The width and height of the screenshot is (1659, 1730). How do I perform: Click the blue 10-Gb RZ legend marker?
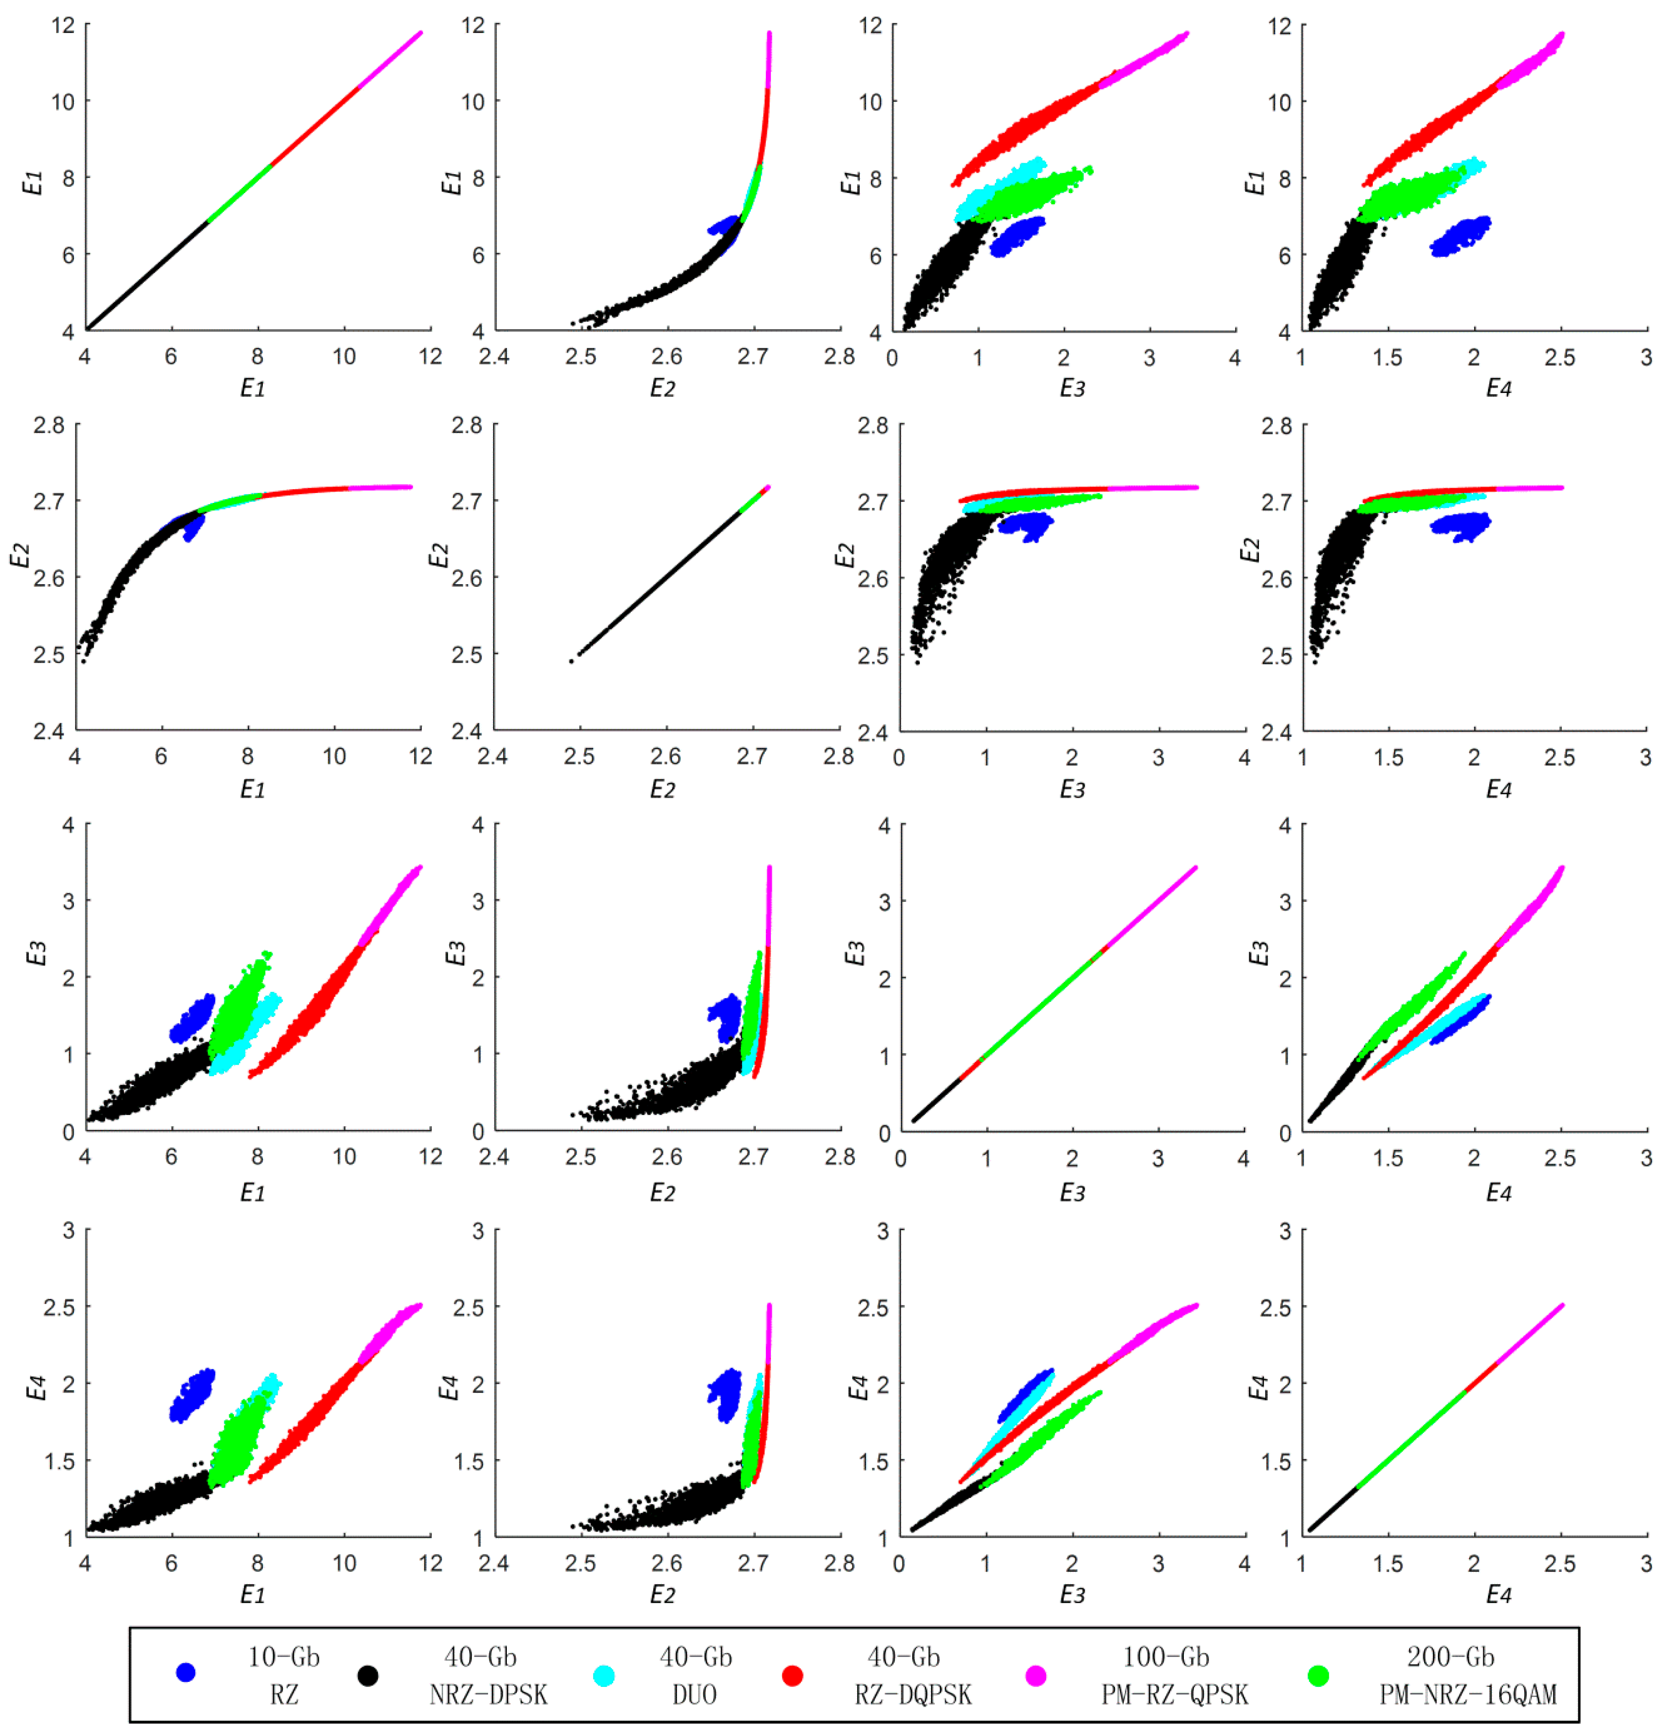185,1672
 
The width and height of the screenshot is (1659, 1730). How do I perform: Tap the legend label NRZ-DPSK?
488,1694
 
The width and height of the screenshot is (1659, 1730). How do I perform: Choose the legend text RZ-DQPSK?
913,1694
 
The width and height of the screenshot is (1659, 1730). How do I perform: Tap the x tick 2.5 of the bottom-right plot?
1559,1563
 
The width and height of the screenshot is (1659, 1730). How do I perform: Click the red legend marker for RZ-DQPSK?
792,1675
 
